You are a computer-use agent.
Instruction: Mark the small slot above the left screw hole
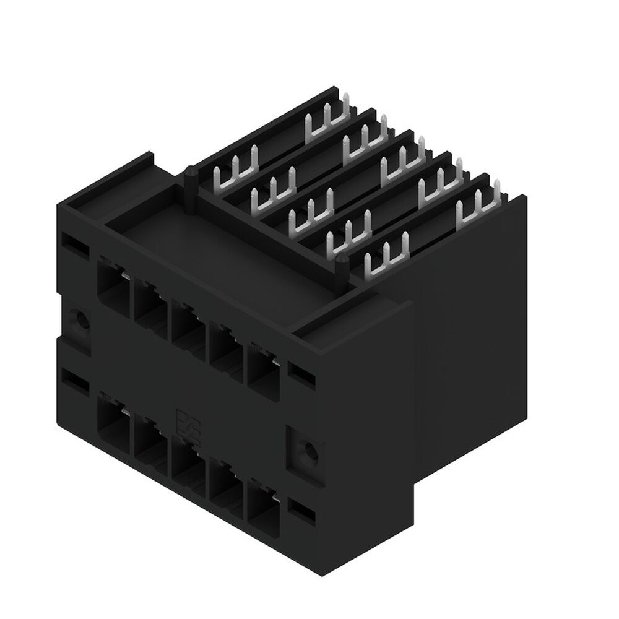[x=72, y=243]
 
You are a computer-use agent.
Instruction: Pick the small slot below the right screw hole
[x=301, y=509]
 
